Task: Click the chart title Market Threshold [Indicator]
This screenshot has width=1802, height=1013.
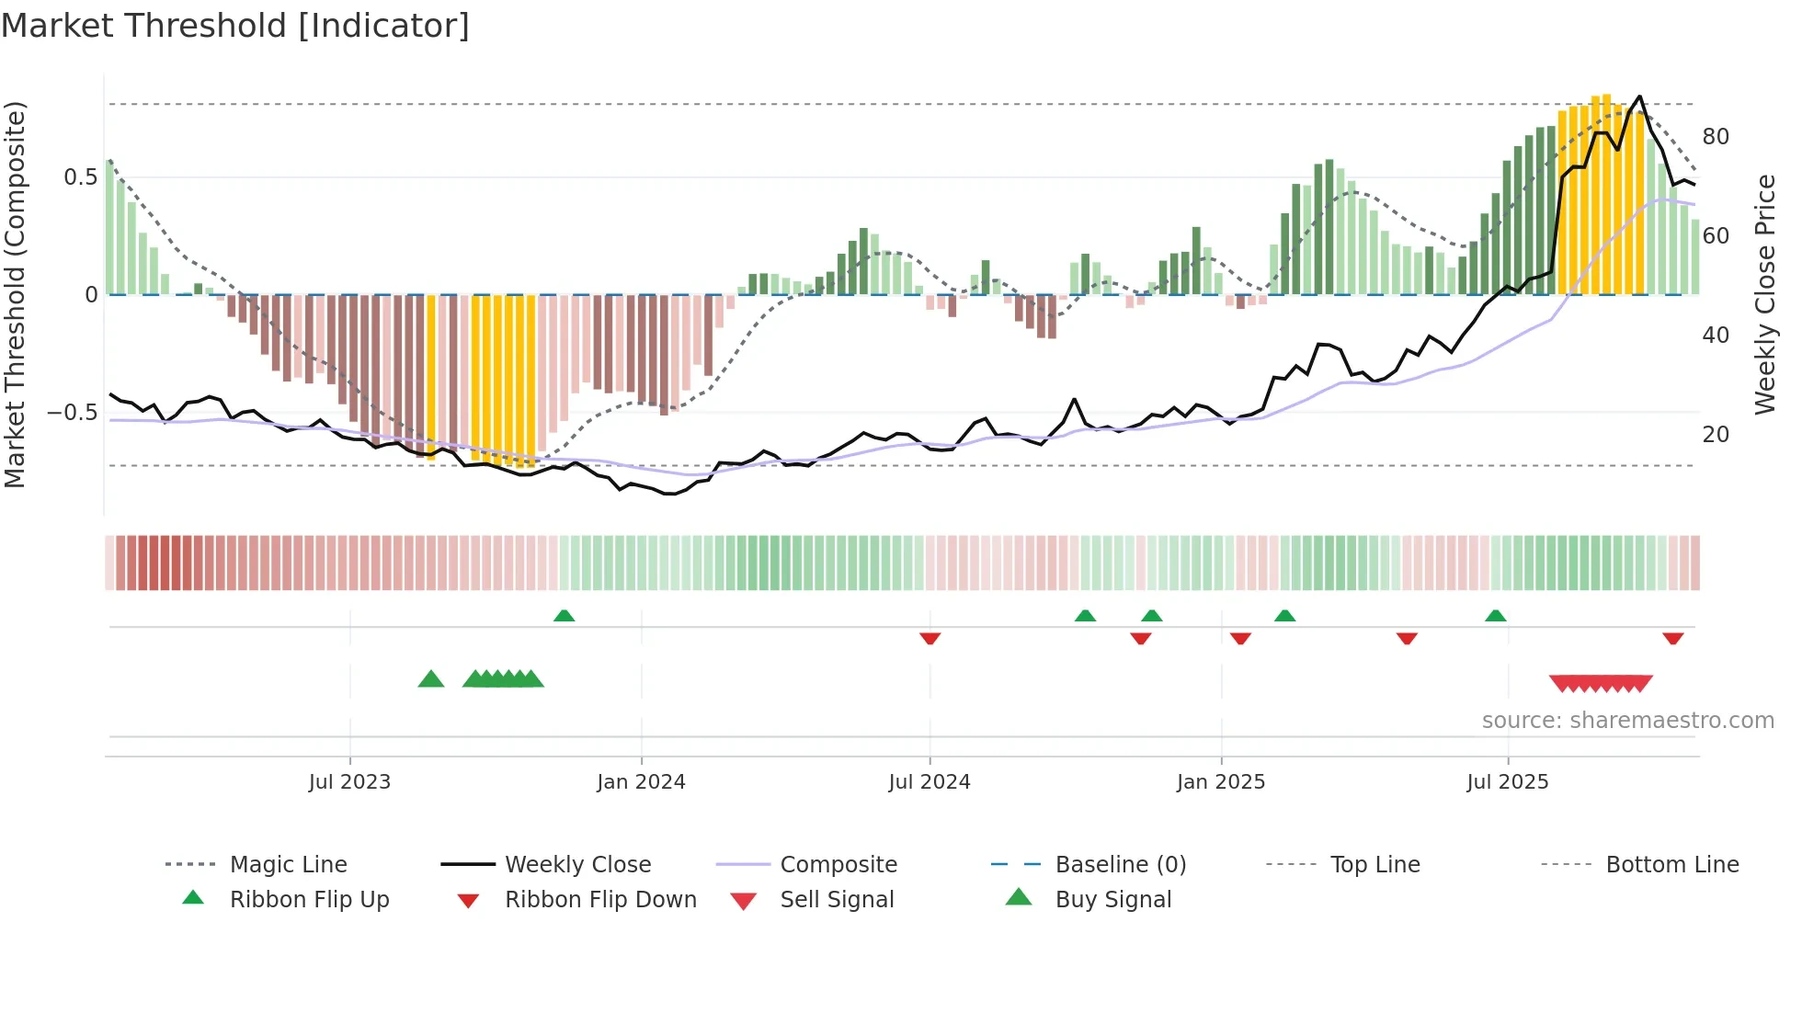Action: click(235, 26)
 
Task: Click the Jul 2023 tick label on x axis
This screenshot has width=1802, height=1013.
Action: click(349, 782)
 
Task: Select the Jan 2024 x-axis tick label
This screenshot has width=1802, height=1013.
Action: click(641, 782)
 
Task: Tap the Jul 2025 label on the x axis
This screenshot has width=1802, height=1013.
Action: click(1507, 782)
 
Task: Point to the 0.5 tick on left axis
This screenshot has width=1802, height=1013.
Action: click(80, 177)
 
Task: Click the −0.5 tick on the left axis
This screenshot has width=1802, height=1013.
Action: click(73, 413)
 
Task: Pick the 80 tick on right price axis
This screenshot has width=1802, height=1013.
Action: click(1716, 137)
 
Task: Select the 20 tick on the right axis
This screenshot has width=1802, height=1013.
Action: click(1716, 435)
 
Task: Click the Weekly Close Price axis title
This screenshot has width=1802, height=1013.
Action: click(1764, 294)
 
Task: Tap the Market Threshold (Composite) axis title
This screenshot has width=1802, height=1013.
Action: click(15, 294)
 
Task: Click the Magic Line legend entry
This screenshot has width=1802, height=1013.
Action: click(288, 865)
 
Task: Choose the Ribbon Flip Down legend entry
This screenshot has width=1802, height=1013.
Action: click(600, 900)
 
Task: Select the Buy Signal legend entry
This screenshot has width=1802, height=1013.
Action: click(1112, 900)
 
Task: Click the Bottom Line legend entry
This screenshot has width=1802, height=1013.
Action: click(1671, 865)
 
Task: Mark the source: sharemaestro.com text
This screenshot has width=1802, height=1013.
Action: click(1627, 721)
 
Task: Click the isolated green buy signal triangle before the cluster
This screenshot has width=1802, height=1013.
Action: click(430, 679)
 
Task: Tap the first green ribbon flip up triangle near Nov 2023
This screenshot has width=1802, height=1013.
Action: click(564, 616)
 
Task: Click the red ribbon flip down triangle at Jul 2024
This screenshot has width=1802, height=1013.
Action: click(930, 638)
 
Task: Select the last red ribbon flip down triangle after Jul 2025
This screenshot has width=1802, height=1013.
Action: click(1672, 638)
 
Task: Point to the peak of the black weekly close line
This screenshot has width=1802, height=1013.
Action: click(1639, 97)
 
